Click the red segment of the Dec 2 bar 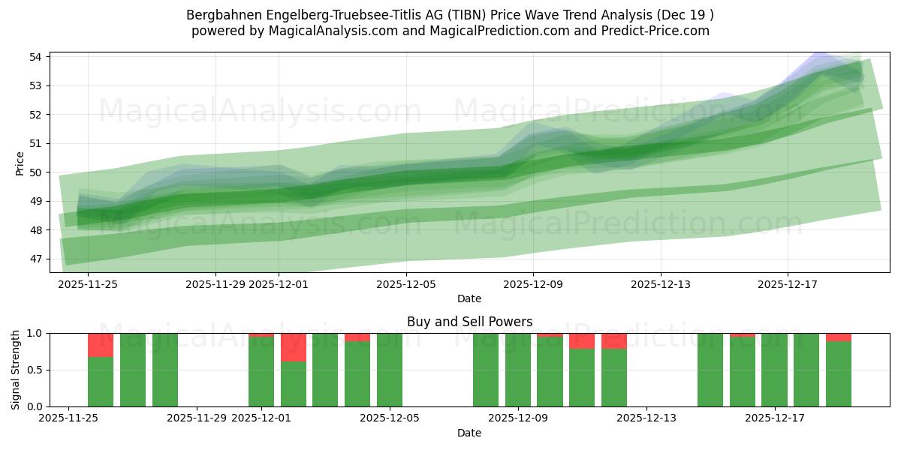(293, 347)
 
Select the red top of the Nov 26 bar (101, 345)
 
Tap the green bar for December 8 (485, 370)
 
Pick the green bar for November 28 (165, 370)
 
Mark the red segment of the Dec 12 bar (613, 341)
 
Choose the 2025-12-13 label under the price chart (661, 284)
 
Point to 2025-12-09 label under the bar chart (519, 418)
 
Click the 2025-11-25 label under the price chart (88, 284)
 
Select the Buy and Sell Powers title (469, 322)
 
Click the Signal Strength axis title (16, 370)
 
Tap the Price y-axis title (20, 163)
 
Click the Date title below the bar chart (469, 433)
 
